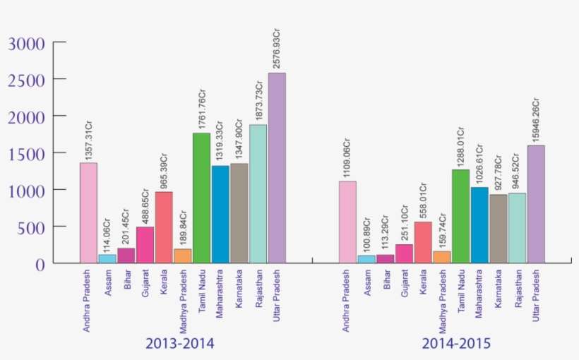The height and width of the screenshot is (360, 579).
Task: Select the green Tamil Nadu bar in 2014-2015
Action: (460, 216)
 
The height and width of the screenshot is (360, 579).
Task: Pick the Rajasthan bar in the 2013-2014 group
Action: (258, 194)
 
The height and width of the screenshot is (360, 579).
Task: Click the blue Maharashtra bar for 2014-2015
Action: (479, 225)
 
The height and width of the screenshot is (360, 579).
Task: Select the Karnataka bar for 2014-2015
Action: (499, 229)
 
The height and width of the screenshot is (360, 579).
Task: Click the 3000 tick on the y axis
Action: (28, 44)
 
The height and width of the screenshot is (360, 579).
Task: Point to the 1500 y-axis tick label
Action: (28, 154)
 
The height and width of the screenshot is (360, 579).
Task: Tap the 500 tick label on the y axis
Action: (33, 227)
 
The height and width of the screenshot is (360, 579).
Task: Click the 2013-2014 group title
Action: (180, 344)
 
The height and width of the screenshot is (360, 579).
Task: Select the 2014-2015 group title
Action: (456, 344)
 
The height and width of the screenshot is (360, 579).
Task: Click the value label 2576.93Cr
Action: (277, 49)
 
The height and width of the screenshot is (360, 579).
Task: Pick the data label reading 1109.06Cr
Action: (347, 157)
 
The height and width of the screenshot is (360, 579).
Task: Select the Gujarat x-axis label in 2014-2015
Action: (405, 282)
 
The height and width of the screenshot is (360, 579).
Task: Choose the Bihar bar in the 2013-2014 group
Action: (126, 256)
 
